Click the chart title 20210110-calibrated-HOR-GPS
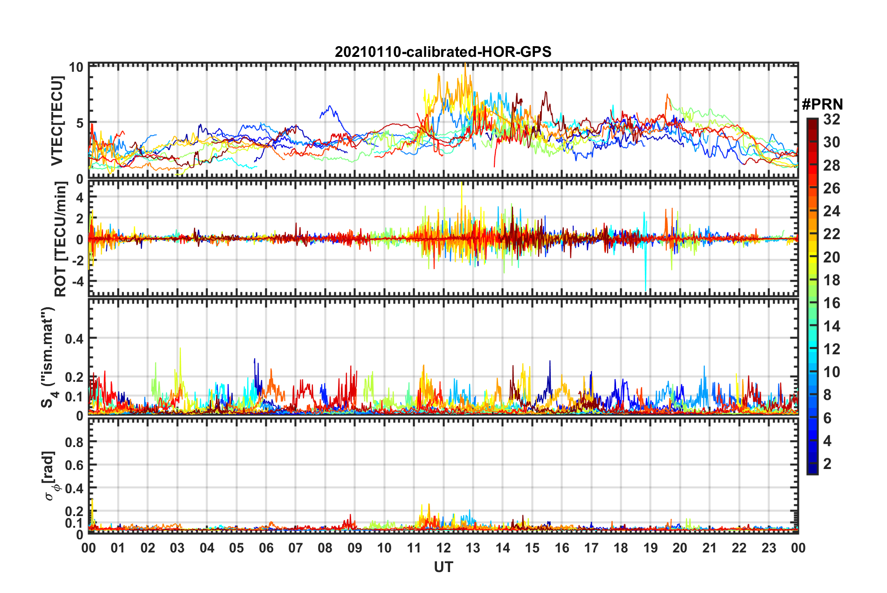tap(443, 52)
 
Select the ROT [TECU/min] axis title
tap(60, 239)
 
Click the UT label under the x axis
tap(443, 567)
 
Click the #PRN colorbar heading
tap(822, 104)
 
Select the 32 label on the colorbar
tap(832, 119)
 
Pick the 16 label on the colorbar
tap(832, 303)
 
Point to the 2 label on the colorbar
tap(827, 464)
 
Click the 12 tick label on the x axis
tap(443, 548)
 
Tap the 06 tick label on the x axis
tap(266, 548)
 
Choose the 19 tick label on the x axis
tap(650, 548)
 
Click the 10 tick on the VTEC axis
tap(76, 67)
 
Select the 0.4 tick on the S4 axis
tap(74, 338)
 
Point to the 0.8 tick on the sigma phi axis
tap(74, 442)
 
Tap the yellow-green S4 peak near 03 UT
tap(180, 350)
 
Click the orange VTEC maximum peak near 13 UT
tap(465, 65)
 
